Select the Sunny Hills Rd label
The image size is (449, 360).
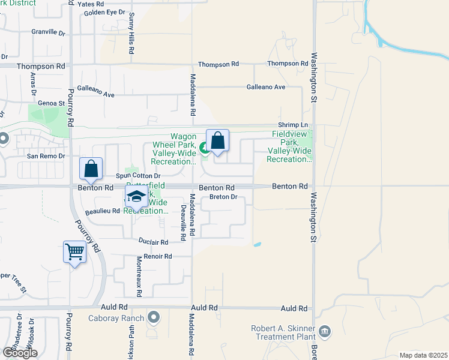pyautogui.click(x=131, y=35)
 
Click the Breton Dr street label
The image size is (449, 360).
pyautogui.click(x=223, y=197)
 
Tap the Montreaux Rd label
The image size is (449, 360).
pyautogui.click(x=139, y=276)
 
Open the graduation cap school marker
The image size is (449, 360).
pyautogui.click(x=136, y=196)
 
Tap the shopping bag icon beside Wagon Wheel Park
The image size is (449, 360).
pyautogui.click(x=217, y=141)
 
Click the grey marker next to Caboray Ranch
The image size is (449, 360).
pyautogui.click(x=154, y=317)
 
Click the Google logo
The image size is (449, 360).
pyautogui.click(x=20, y=353)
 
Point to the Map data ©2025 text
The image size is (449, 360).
pyautogui.click(x=423, y=355)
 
